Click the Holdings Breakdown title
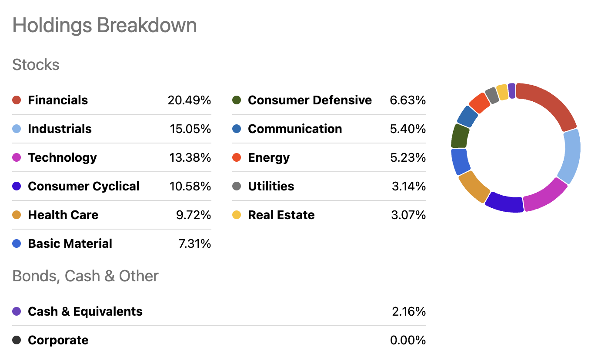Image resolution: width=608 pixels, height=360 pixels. pos(104,25)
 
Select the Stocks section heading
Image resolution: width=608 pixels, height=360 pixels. pos(36,65)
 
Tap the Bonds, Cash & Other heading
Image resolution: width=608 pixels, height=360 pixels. pos(85,276)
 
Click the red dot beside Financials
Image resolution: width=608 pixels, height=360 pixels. pos(17,100)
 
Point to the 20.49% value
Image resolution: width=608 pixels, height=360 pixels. pos(189,100)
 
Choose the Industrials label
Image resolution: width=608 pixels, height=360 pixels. pos(60,129)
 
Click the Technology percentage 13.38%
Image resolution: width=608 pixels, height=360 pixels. pos(190,157)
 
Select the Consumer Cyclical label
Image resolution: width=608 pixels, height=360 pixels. pos(84,186)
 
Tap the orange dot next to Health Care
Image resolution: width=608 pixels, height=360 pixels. pos(17,215)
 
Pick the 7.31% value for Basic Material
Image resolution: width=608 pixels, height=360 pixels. pos(194,243)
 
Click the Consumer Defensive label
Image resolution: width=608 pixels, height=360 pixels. pos(310,100)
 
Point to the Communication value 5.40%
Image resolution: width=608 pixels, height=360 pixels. pos(408,129)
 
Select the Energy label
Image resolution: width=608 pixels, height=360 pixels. pos(269,157)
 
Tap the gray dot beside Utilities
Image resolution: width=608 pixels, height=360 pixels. pos(237,186)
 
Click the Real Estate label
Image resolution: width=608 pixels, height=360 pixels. pos(281,215)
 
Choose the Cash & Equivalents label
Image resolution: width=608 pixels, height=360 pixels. pos(85,311)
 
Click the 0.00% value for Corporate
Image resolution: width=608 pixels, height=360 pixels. pos(408,340)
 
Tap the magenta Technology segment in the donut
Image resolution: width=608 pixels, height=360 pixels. pos(545,195)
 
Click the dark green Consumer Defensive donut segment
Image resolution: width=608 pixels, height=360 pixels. pos(460,136)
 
